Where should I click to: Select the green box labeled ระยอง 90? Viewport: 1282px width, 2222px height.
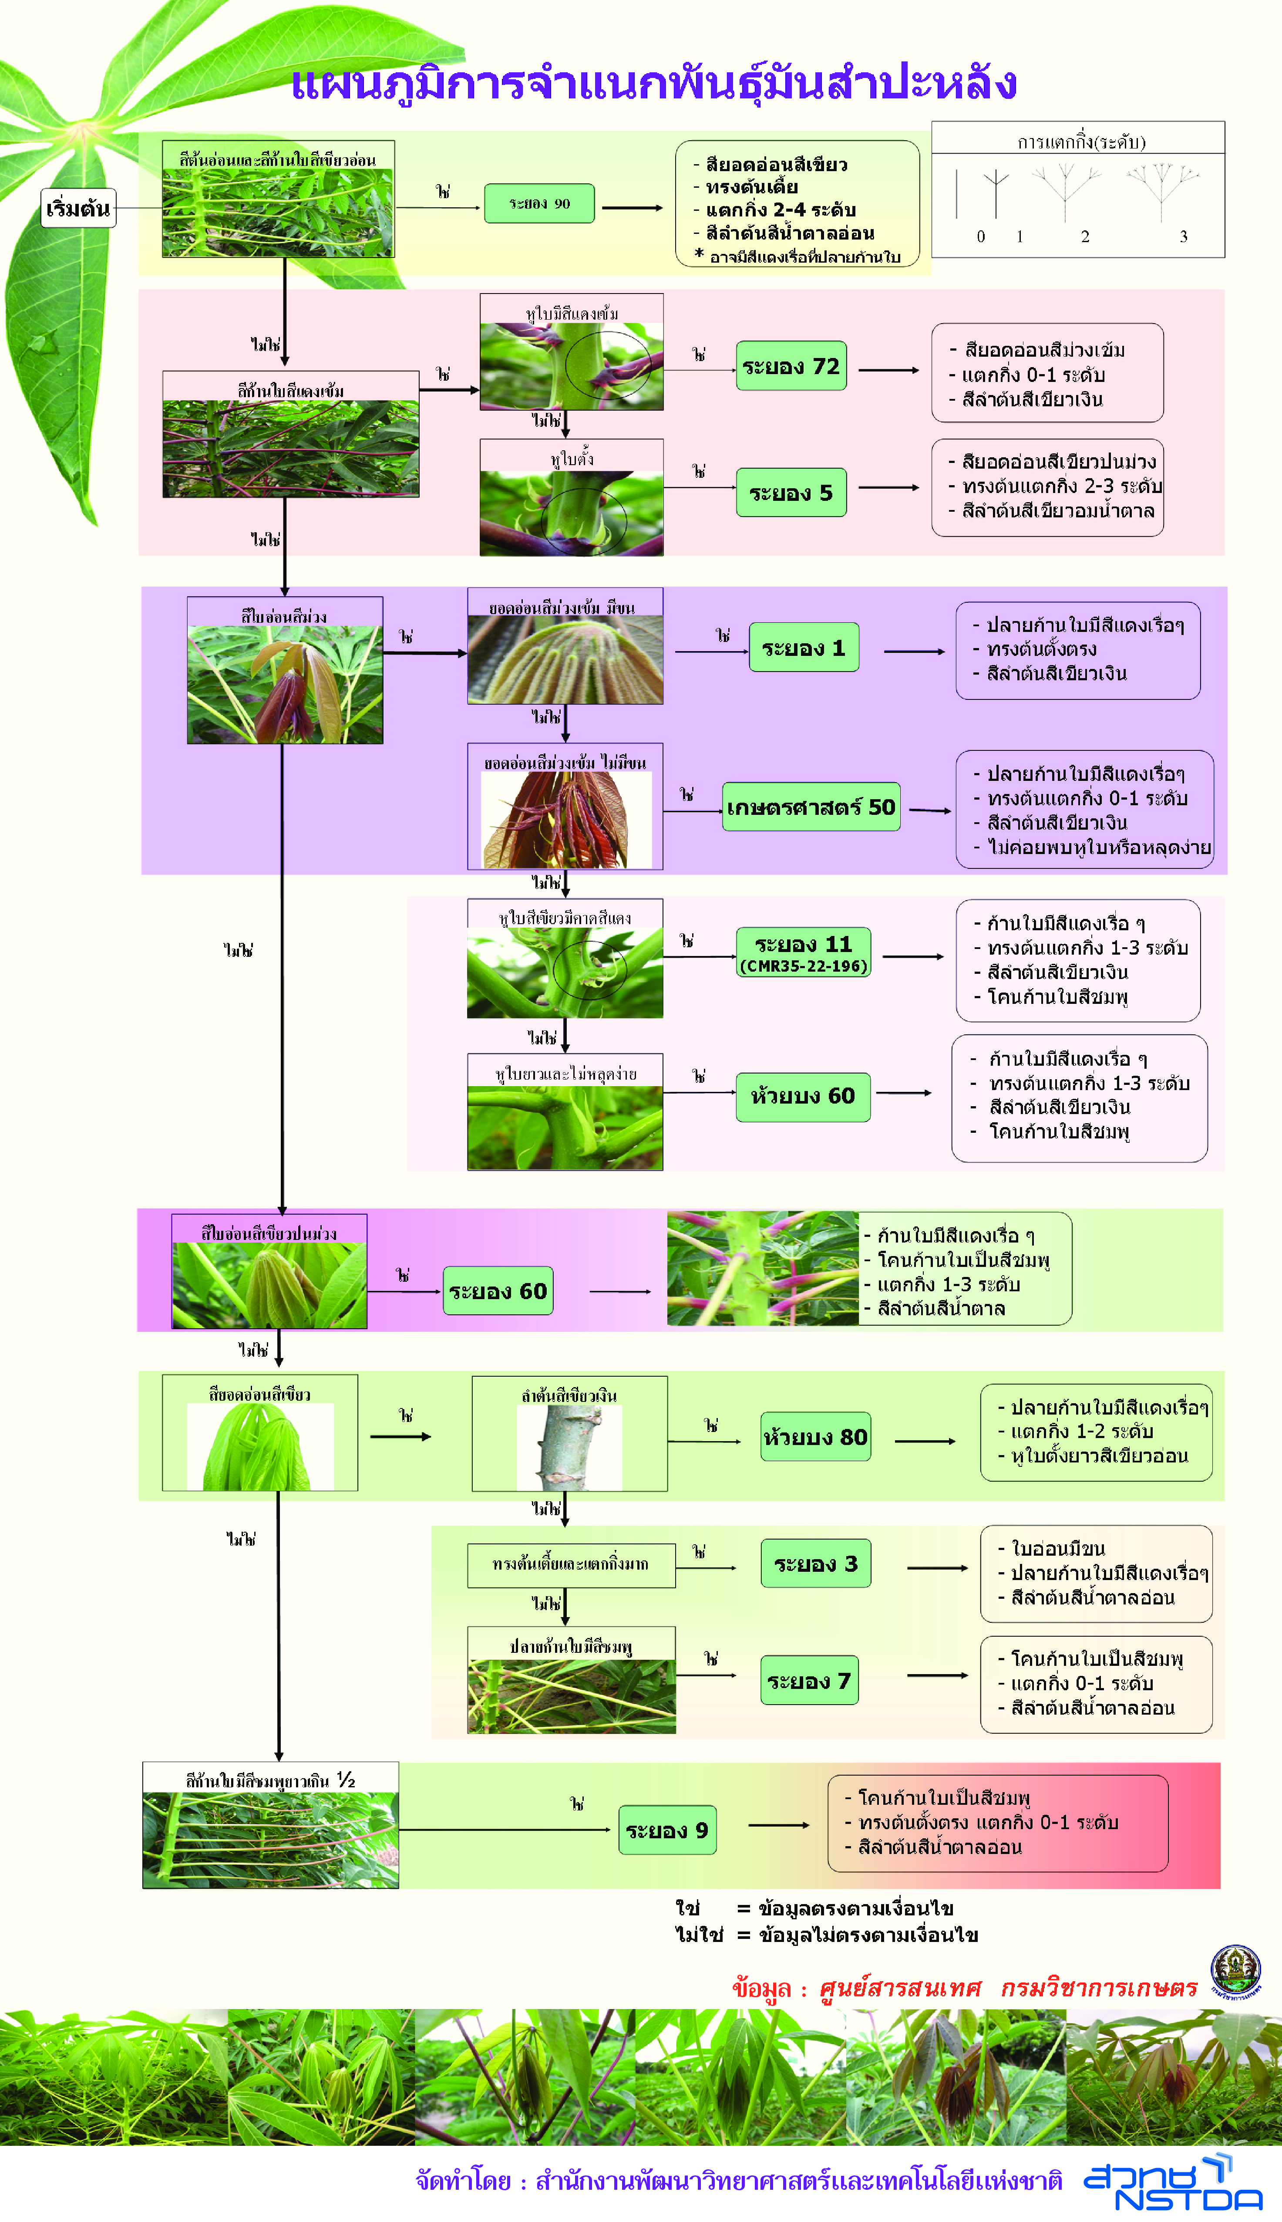(x=539, y=203)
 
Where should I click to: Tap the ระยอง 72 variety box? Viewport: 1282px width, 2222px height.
(x=791, y=365)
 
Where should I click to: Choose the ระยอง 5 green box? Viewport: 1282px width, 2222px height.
(x=791, y=492)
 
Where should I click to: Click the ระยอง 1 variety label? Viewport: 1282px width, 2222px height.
(x=803, y=647)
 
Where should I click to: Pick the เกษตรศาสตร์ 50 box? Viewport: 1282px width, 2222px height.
(x=810, y=807)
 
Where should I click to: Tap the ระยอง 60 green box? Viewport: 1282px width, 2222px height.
(x=498, y=1291)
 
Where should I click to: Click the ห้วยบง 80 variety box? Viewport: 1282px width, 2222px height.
(x=815, y=1436)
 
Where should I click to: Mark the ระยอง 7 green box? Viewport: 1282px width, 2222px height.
(x=808, y=1680)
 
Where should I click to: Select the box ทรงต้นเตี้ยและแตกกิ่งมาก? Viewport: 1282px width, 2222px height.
(x=571, y=1564)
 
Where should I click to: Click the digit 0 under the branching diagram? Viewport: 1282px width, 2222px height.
(x=981, y=236)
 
